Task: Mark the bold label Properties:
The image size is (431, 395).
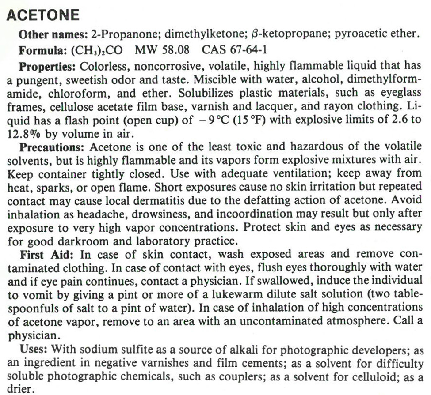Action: coord(48,66)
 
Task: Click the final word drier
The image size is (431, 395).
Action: coord(20,390)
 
